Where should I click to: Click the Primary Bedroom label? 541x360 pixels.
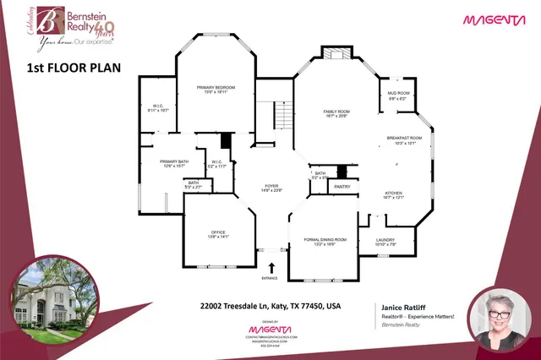point(216,90)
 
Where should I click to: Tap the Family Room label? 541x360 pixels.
point(336,114)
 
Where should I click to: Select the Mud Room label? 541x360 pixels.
point(398,95)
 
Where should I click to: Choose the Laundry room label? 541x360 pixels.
point(385,243)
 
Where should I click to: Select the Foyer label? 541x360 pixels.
point(271,188)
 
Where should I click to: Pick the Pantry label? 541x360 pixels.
point(342,186)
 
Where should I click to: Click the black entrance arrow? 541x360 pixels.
point(270,268)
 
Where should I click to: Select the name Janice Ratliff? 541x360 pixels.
point(405,307)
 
